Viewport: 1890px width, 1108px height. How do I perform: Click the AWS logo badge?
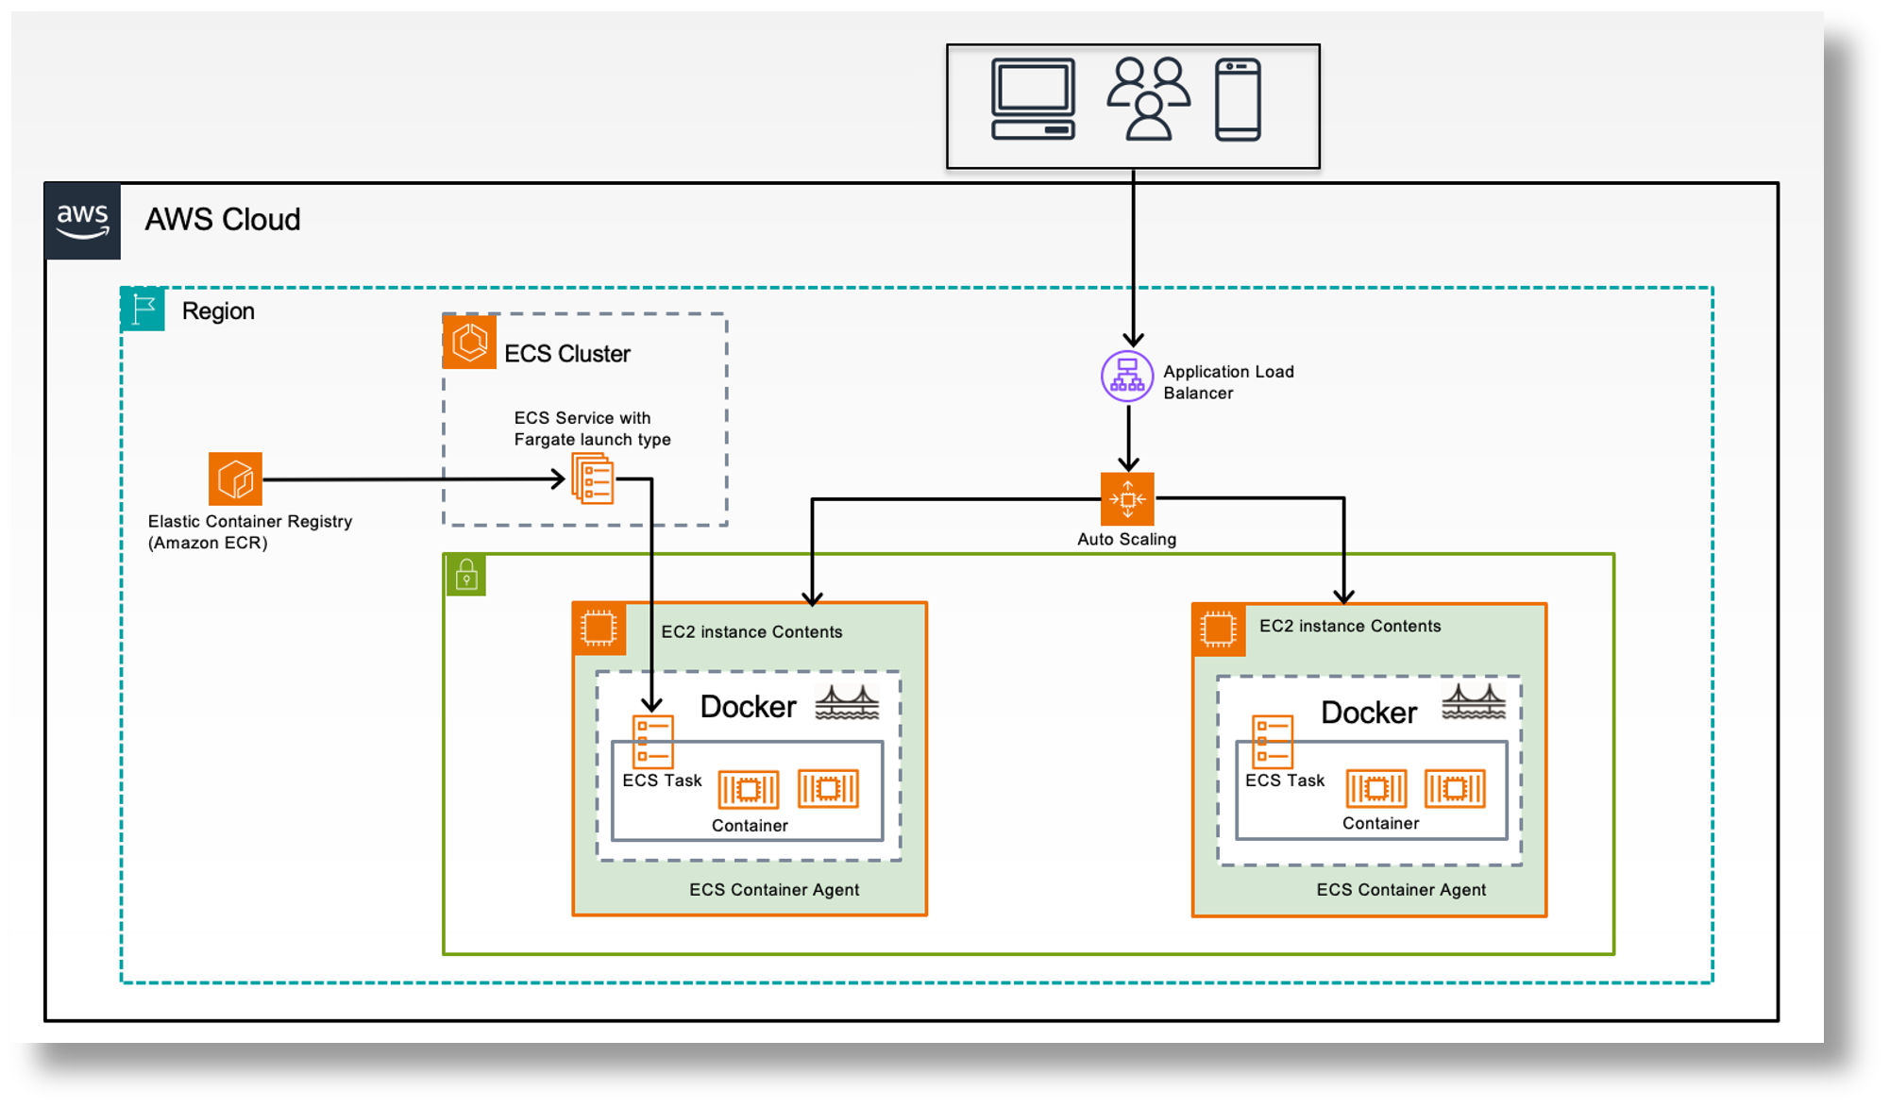pyautogui.click(x=83, y=221)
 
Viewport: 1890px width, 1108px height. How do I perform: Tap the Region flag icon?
pyautogui.click(x=143, y=309)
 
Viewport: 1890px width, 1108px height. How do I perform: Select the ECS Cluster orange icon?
pyautogui.click(x=469, y=342)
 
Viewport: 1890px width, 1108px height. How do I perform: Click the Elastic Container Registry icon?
pyautogui.click(x=235, y=478)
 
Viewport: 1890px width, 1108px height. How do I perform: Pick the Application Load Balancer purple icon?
pyautogui.click(x=1127, y=377)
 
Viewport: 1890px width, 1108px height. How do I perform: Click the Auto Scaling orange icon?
pyautogui.click(x=1127, y=498)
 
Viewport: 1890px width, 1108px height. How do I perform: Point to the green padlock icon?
pyautogui.click(x=466, y=575)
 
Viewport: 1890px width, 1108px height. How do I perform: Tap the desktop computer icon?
pyautogui.click(x=1033, y=99)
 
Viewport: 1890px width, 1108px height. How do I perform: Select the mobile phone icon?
pyautogui.click(x=1238, y=99)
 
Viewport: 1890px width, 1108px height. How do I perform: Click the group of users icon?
pyautogui.click(x=1148, y=99)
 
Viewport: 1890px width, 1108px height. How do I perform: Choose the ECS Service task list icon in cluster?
pyautogui.click(x=593, y=478)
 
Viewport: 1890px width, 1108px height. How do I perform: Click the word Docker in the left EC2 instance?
pyautogui.click(x=748, y=707)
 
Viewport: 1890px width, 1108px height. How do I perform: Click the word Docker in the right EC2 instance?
pyautogui.click(x=1368, y=713)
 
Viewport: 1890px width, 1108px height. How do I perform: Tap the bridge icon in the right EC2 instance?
pyautogui.click(x=1474, y=702)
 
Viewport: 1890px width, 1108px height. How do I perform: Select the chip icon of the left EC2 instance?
pyautogui.click(x=599, y=629)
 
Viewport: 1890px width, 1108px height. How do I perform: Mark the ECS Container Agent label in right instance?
pyautogui.click(x=1401, y=890)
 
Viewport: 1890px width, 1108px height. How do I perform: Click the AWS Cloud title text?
pyautogui.click(x=223, y=220)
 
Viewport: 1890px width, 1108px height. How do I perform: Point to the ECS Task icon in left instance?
pyautogui.click(x=652, y=742)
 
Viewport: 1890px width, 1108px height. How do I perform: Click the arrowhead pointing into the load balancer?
pyautogui.click(x=1133, y=340)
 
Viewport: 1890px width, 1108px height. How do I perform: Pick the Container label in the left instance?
pyautogui.click(x=750, y=826)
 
